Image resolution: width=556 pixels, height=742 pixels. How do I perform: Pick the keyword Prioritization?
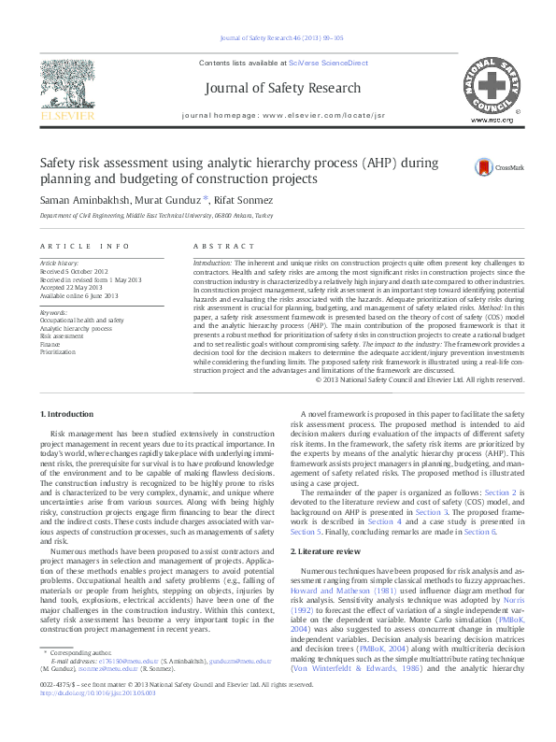point(58,351)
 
